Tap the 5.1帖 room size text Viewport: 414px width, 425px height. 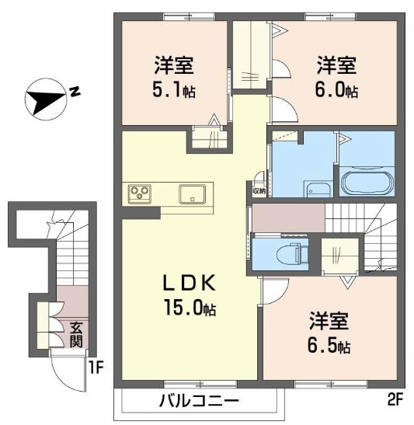[x=175, y=90]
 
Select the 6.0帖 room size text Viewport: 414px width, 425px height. [x=336, y=90]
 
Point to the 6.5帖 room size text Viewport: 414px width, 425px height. [x=331, y=345]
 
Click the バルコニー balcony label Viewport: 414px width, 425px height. [x=200, y=402]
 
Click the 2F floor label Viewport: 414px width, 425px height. [x=395, y=401]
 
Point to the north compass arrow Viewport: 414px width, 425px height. [x=45, y=99]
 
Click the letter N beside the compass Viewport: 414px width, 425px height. [x=75, y=92]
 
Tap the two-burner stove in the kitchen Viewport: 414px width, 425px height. [x=141, y=193]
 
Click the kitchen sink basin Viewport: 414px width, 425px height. [x=192, y=193]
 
